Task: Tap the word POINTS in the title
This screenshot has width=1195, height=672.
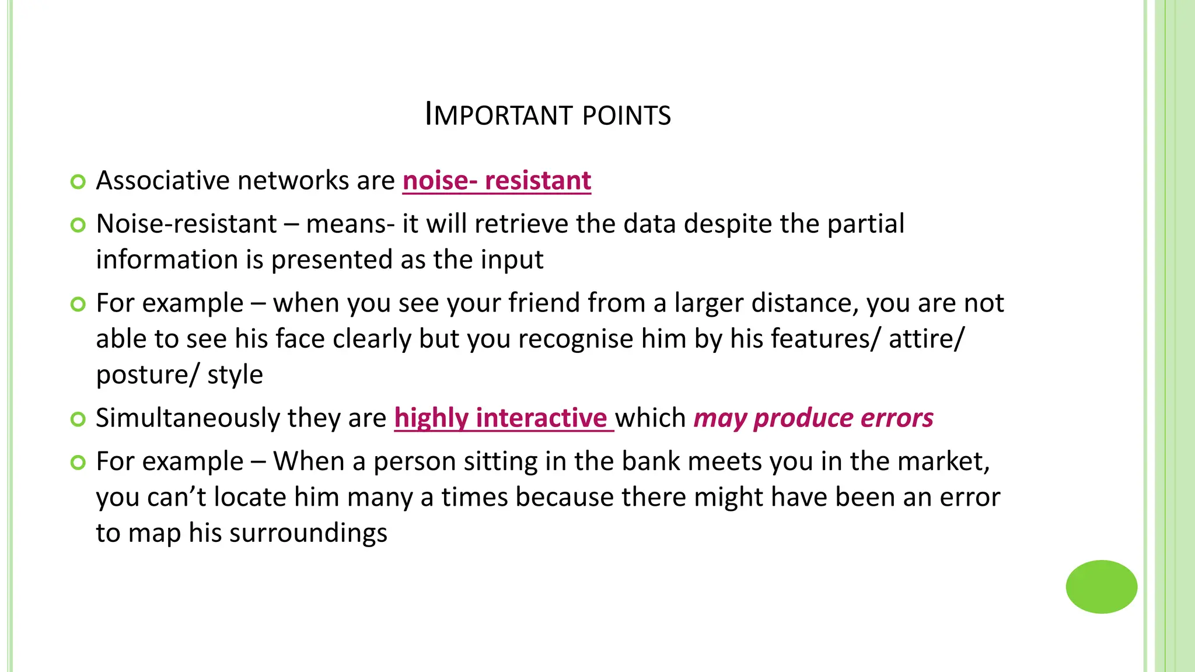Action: click(x=627, y=116)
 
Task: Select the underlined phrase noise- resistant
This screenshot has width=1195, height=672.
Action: click(x=497, y=180)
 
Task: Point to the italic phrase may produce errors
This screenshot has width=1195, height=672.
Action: click(x=813, y=418)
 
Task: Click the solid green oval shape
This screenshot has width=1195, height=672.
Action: click(x=1101, y=587)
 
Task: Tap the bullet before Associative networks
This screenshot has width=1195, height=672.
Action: click(x=78, y=181)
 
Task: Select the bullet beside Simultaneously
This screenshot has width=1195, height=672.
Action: click(x=78, y=419)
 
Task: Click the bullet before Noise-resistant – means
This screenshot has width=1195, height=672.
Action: click(x=78, y=225)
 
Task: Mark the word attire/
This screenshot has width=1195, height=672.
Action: click(x=927, y=338)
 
